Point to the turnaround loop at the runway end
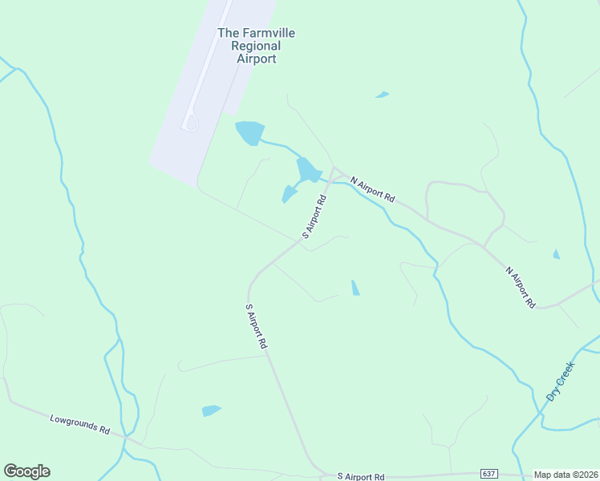[x=191, y=123]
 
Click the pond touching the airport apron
[x=249, y=131]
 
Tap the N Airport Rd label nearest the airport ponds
[x=372, y=189]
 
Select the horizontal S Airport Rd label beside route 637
[x=361, y=475]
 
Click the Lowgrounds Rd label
[x=79, y=424]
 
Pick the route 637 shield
[x=489, y=475]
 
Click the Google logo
[x=26, y=471]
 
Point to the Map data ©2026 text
[x=566, y=475]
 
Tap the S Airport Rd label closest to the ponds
[x=314, y=216]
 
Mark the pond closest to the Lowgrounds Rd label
[x=211, y=410]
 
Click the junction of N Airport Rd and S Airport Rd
[x=334, y=169]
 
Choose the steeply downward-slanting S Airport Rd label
[x=256, y=325]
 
